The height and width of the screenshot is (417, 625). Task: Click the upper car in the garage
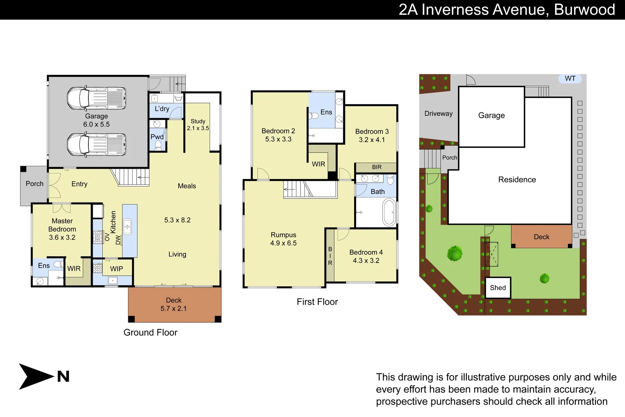96,98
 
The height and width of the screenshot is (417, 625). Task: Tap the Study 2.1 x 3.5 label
198,125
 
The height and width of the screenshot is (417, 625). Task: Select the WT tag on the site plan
570,79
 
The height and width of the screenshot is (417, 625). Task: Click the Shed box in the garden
498,288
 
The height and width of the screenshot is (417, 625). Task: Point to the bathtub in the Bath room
389,212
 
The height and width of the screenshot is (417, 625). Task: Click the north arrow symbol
37,376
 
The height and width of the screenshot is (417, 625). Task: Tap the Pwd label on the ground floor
157,137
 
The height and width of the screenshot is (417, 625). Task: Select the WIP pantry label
117,269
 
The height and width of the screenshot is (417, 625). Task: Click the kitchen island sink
127,227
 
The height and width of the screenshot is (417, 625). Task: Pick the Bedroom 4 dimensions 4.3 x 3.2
366,261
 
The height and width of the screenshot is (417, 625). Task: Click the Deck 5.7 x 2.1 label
174,304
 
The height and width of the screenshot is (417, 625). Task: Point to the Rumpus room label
283,235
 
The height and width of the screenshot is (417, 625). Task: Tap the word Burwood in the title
584,10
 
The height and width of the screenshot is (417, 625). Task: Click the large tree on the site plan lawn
455,254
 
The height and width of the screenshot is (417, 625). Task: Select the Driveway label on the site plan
438,114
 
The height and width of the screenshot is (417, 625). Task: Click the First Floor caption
317,302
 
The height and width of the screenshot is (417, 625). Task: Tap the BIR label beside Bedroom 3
377,167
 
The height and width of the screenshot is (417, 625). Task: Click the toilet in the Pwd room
158,145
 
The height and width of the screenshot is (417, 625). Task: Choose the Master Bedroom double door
62,208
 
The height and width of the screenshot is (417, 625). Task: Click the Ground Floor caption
150,332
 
